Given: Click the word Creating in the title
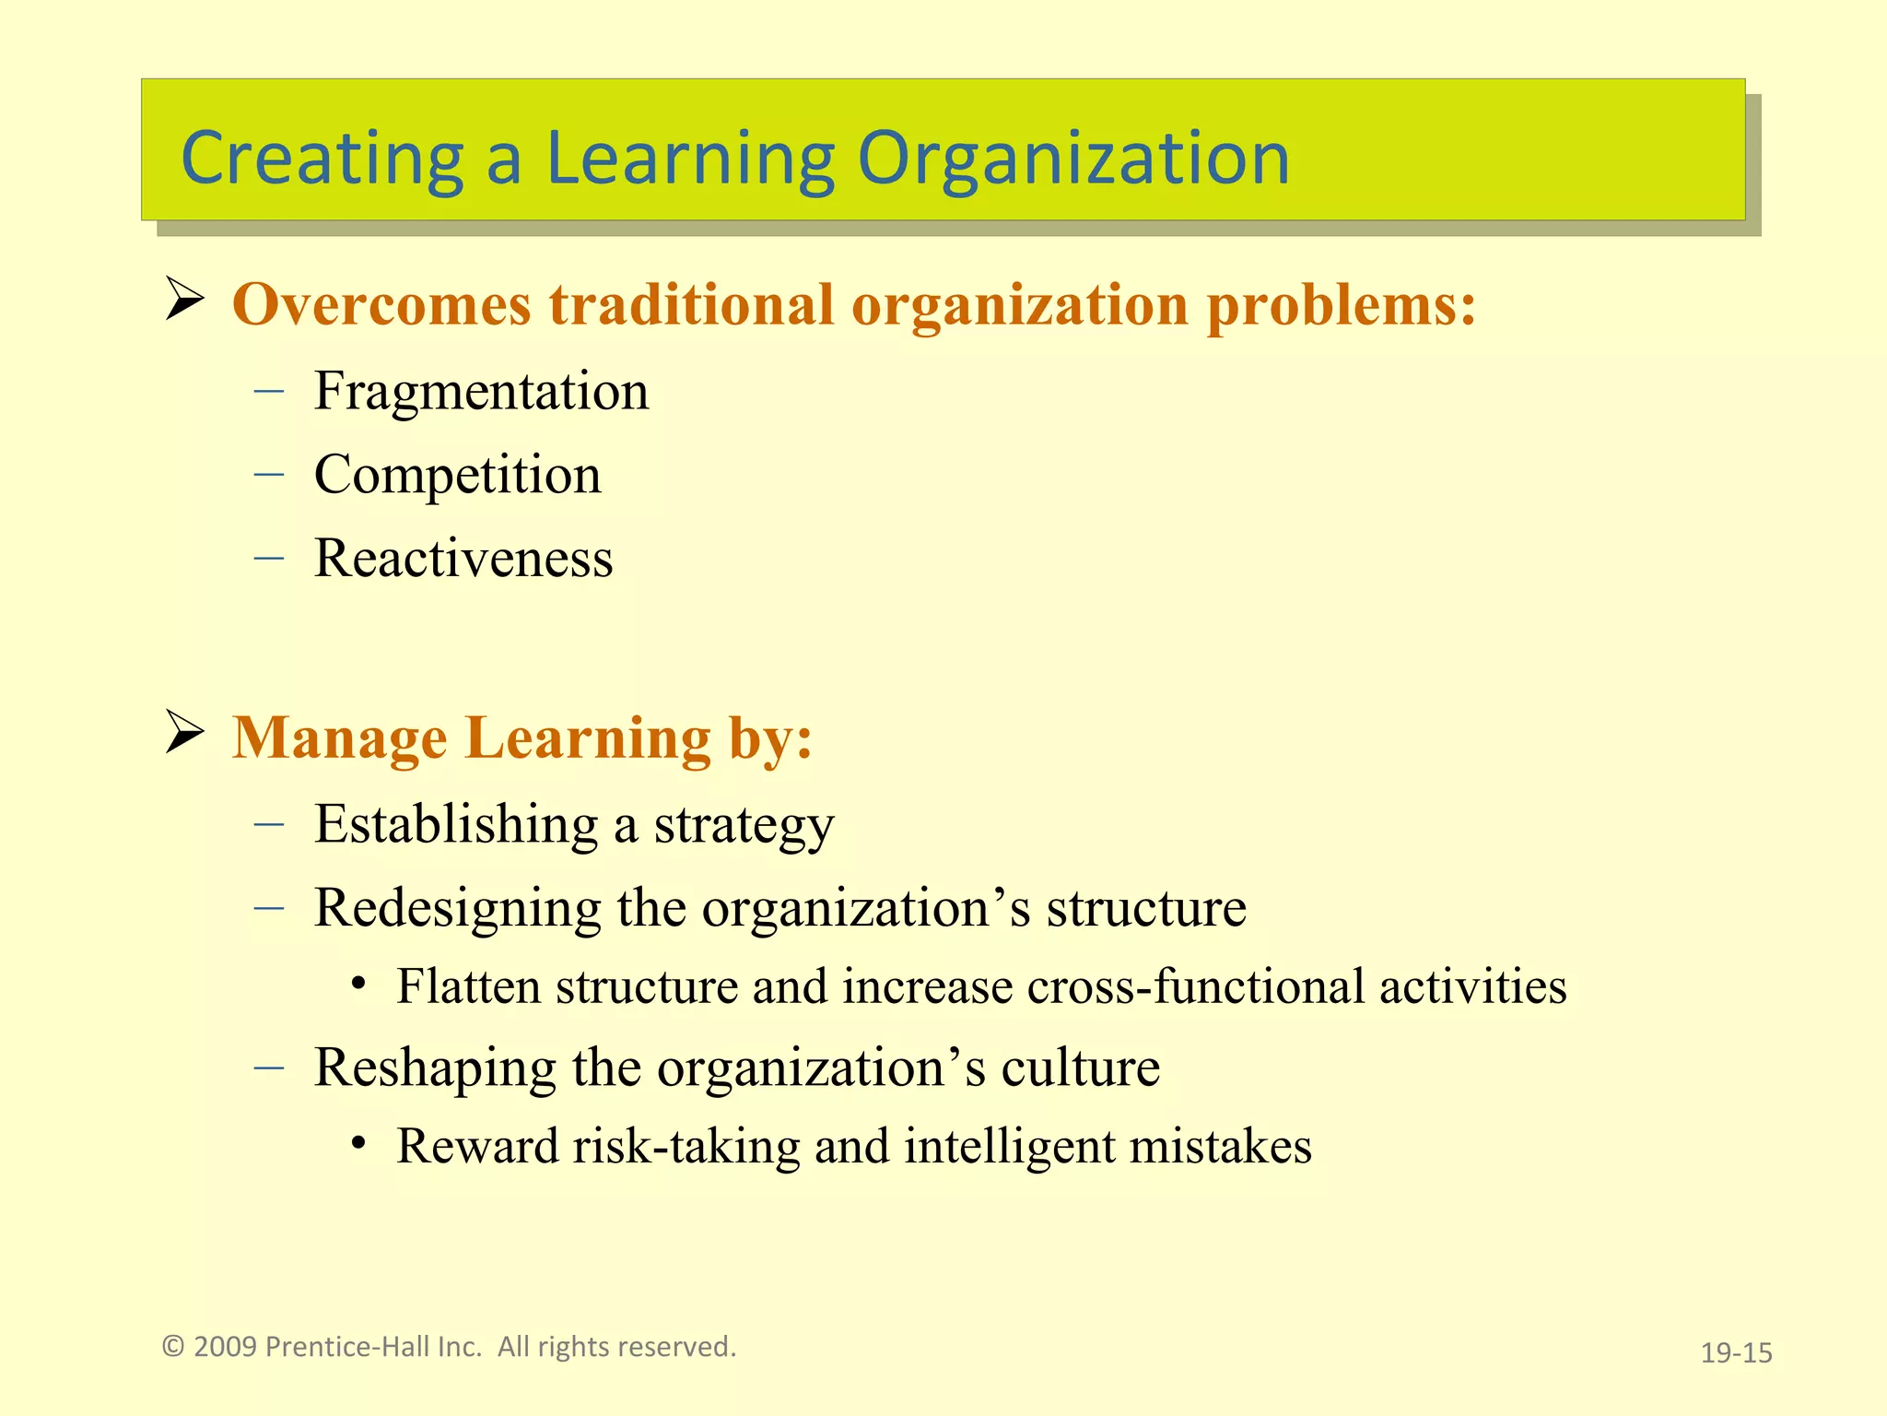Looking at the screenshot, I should (x=322, y=159).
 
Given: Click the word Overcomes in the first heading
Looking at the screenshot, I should (x=381, y=304).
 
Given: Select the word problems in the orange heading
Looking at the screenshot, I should (x=1341, y=304).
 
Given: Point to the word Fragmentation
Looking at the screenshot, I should (x=481, y=391).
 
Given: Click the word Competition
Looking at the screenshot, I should (x=457, y=475).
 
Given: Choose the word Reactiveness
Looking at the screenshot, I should (x=463, y=559).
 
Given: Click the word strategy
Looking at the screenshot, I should (x=744, y=825).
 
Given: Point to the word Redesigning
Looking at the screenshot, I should (x=457, y=908).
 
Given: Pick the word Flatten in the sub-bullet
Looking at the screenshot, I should (x=468, y=986).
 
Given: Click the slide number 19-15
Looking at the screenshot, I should (x=1736, y=1353).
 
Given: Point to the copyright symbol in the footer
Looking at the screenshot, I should (x=173, y=1347).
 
